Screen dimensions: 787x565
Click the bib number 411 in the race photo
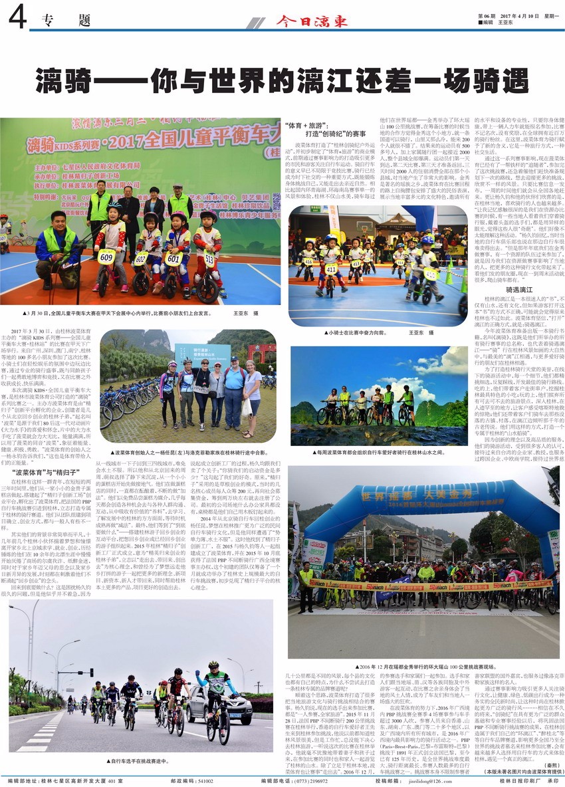(x=330, y=268)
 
